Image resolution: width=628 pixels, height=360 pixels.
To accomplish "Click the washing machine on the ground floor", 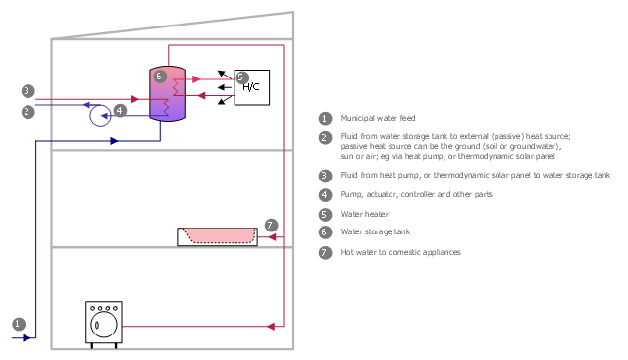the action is coord(104,325).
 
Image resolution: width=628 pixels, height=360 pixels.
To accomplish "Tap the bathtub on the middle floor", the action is coord(218,236).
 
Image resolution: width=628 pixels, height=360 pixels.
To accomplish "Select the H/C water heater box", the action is coord(252,87).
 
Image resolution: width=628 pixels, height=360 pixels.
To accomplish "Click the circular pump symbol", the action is coord(100,116).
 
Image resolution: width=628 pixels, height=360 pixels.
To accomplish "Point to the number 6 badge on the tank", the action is coord(159,77).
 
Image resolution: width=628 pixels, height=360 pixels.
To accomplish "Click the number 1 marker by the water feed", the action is coord(19,324).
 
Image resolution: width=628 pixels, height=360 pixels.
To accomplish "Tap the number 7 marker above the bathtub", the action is coord(271,225).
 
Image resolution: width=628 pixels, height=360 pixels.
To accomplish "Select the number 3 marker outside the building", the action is coord(27,91).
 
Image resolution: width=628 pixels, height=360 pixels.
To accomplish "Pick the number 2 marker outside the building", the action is coord(27,111).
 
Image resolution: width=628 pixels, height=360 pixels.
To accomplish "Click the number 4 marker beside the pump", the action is coord(120,111).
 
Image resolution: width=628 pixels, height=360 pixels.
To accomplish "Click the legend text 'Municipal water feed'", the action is coord(378,118).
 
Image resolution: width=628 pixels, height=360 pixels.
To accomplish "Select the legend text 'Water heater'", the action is coord(364,214).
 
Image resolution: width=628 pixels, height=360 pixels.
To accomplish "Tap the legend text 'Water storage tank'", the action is coord(375,231).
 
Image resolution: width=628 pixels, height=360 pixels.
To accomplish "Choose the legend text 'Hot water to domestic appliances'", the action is coord(400,252).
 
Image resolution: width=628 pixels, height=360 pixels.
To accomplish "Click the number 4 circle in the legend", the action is coord(325,195).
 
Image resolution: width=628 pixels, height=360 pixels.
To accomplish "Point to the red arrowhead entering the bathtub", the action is coord(272,237).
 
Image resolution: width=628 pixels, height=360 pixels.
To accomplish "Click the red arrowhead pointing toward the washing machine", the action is coord(271,327).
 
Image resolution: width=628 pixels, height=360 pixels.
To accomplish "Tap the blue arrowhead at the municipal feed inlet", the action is coord(26,338).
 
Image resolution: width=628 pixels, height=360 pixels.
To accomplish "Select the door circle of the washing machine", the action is coord(104,325).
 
